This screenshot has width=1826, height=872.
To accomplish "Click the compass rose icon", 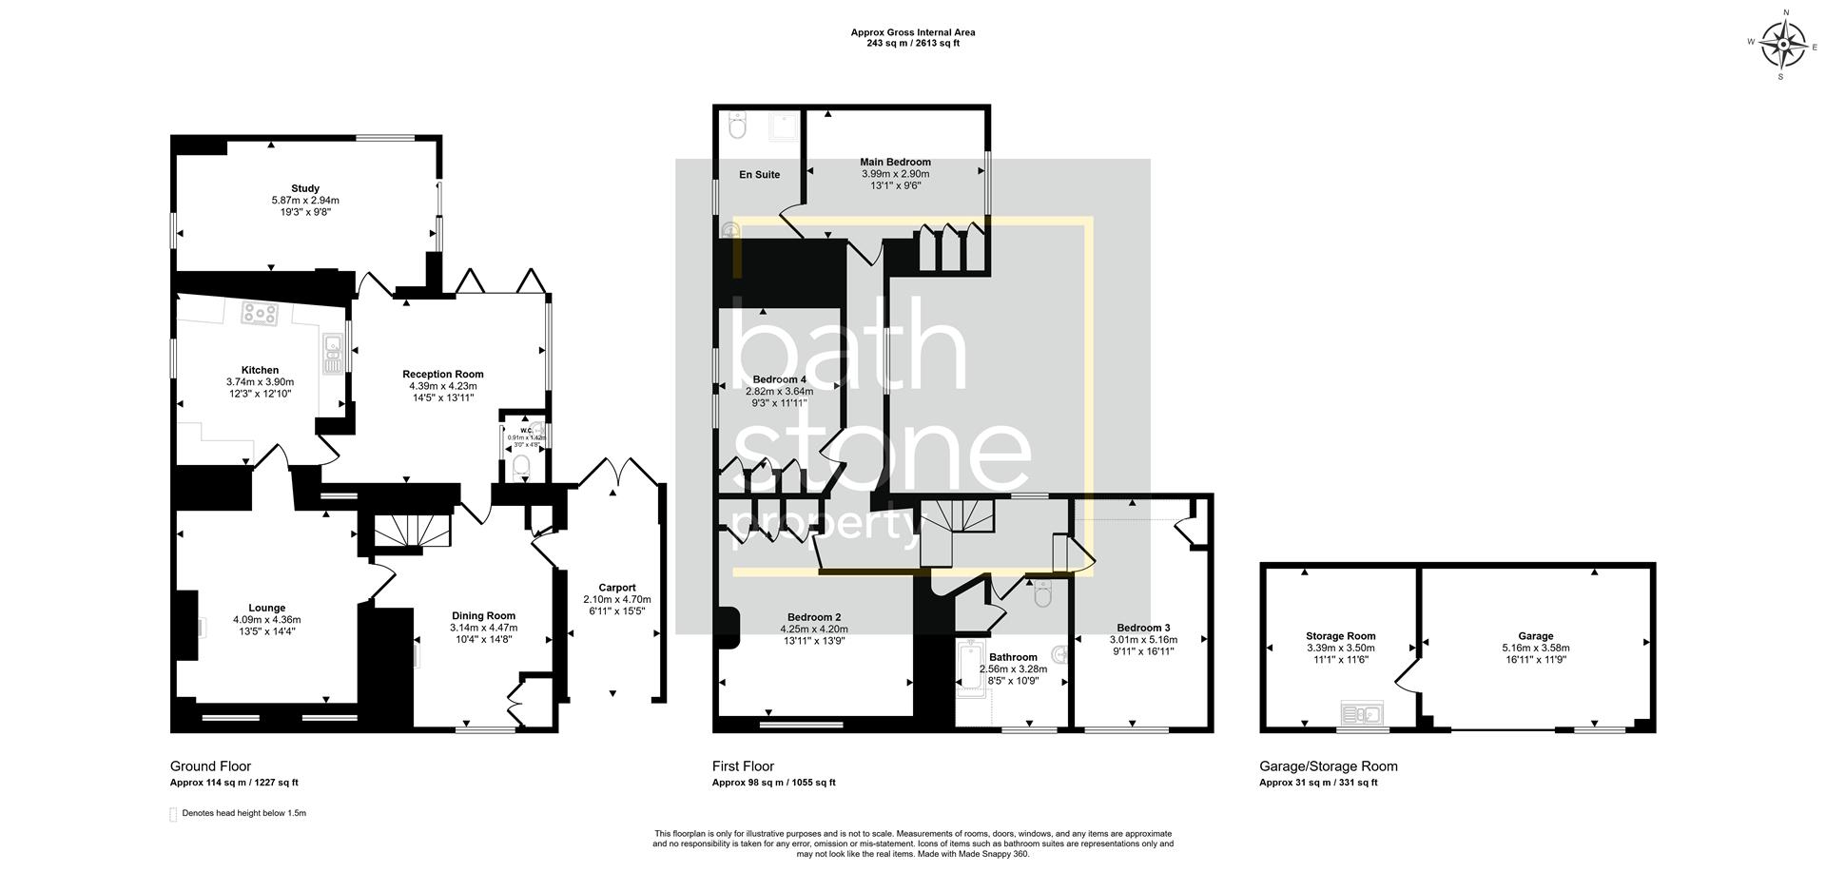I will (1782, 43).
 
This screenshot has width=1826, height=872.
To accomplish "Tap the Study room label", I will (305, 188).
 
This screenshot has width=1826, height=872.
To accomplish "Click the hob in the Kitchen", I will (259, 313).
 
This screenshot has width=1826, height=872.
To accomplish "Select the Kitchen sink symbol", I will (332, 354).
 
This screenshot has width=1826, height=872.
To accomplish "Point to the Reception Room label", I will (442, 374).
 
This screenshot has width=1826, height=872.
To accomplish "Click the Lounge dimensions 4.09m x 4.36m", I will (266, 620).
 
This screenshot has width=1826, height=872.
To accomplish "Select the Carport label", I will (616, 588).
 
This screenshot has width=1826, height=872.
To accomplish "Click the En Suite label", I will (759, 175).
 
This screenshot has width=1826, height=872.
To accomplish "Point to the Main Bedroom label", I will (895, 162).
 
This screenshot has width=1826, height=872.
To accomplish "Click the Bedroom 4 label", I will (779, 379).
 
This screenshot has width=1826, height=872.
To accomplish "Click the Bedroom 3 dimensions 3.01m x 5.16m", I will (1143, 640).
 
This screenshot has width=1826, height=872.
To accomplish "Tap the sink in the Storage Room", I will (1361, 712).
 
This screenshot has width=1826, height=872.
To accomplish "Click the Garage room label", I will (1535, 636).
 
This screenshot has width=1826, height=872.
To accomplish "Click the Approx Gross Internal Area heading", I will (912, 32).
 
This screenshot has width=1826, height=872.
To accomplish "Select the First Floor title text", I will (743, 765).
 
